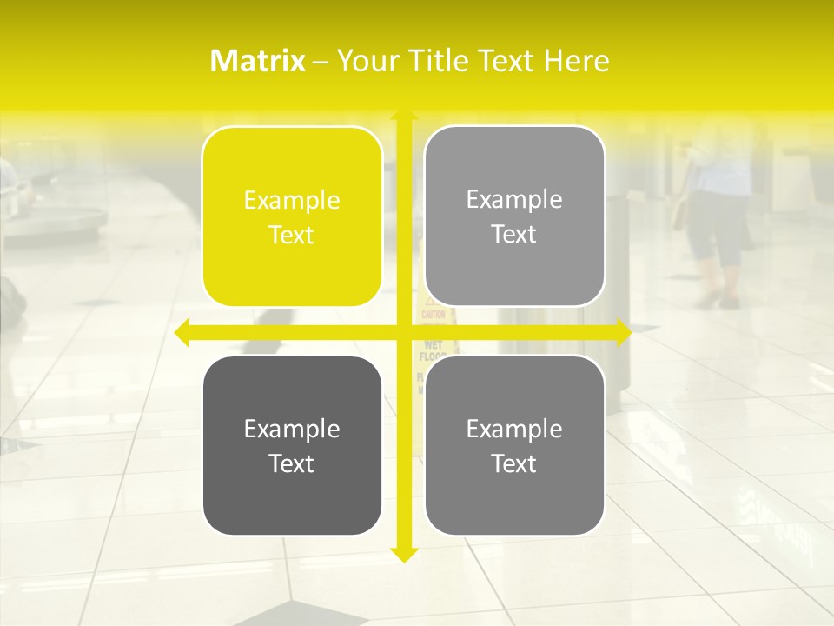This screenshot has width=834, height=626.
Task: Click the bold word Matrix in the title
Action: [x=257, y=61]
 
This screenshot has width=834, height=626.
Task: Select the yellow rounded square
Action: [x=292, y=216]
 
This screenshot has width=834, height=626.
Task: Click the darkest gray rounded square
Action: [x=292, y=445]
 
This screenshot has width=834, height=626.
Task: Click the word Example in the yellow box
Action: [x=292, y=200]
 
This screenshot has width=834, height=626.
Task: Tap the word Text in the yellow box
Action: [x=292, y=235]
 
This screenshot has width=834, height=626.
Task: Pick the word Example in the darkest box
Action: [x=292, y=429]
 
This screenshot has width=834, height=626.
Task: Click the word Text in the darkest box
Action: [x=292, y=463]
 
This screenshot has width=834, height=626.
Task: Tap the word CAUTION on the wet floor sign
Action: [x=434, y=314]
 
